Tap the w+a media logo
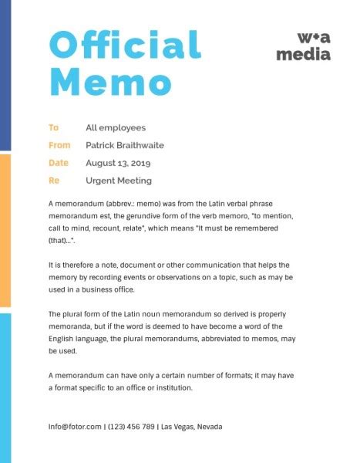pos(304,46)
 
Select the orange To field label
pos(53,128)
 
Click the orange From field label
pos(59,145)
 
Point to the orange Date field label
pos(59,163)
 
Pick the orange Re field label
pos(54,181)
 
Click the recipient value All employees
pos(116,128)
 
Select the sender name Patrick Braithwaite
pos(125,145)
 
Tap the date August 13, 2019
pos(118,163)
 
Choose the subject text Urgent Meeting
pos(119,181)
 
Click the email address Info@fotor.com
pos(75,426)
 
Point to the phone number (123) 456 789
pos(131,426)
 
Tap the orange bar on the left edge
pos(5,230)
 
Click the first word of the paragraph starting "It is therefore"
pos(51,264)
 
